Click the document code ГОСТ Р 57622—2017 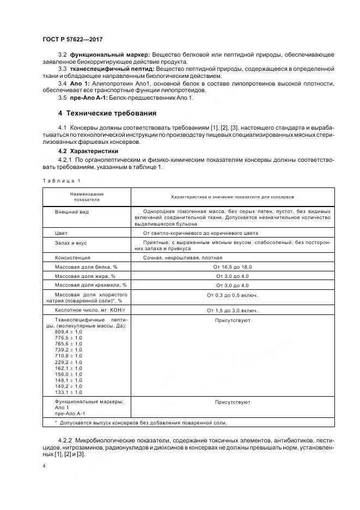(72, 40)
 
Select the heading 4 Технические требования (107, 113)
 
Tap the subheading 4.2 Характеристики (88, 151)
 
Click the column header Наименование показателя (86, 197)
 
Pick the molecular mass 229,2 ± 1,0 (69, 362)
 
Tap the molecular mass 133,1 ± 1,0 (69, 392)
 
